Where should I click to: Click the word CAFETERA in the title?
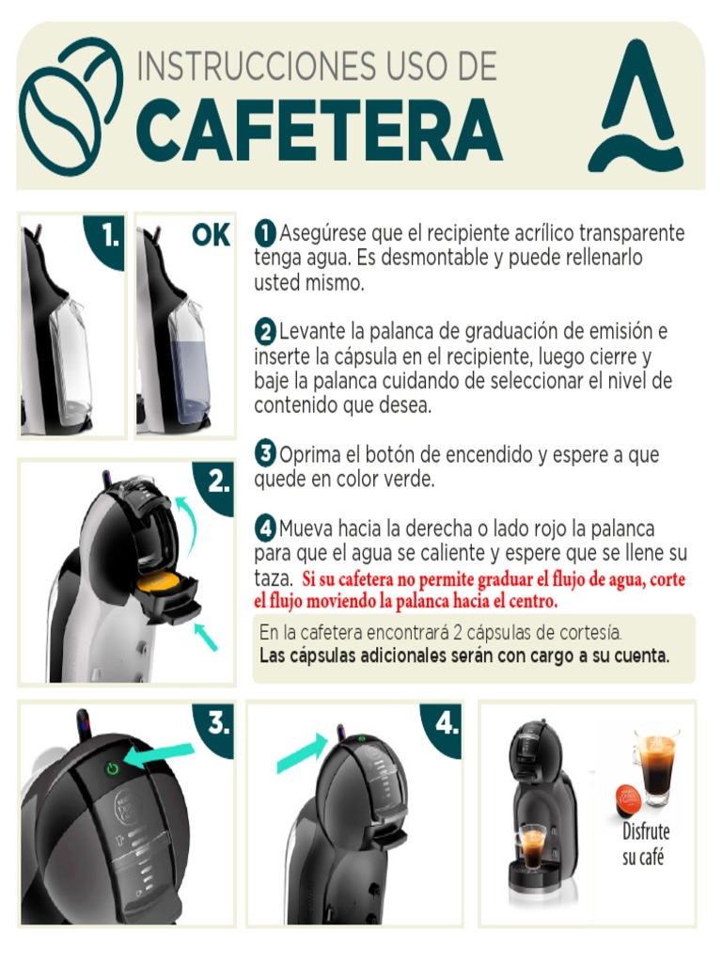pos(319,130)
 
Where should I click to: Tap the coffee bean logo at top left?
pos(71,105)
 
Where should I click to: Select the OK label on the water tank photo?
pos(211,235)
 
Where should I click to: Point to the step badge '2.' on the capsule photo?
pos(218,483)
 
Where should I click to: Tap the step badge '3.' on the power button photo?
pos(218,724)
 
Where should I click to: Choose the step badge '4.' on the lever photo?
pos(446,724)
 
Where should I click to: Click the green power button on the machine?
pos(113,768)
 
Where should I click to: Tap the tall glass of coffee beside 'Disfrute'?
pos(655,765)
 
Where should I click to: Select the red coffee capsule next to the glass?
pos(628,800)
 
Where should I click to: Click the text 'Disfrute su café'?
pos(645,844)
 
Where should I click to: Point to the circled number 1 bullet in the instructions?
pos(265,232)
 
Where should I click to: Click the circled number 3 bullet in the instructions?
pos(265,454)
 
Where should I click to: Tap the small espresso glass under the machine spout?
pos(532,846)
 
